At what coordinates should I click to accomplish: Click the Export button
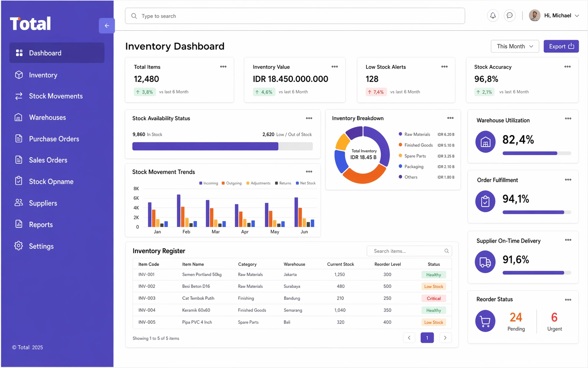(x=561, y=46)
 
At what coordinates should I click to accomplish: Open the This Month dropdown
(x=515, y=46)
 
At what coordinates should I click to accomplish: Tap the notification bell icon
(x=493, y=16)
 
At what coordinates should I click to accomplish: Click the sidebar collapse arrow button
(x=107, y=26)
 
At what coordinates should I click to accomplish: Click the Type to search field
(x=295, y=16)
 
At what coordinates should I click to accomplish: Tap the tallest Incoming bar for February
(x=178, y=211)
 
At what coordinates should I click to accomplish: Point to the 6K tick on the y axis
(x=136, y=198)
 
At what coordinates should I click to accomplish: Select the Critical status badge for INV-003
(x=433, y=298)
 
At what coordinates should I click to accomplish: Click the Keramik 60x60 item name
(x=196, y=310)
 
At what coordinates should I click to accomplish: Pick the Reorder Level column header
(x=387, y=264)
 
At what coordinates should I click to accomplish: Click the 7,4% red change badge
(x=376, y=92)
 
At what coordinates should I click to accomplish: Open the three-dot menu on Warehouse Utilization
(x=568, y=118)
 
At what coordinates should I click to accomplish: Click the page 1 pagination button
(x=427, y=338)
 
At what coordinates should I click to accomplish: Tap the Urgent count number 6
(x=554, y=317)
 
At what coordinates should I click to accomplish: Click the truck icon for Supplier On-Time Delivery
(x=485, y=262)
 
